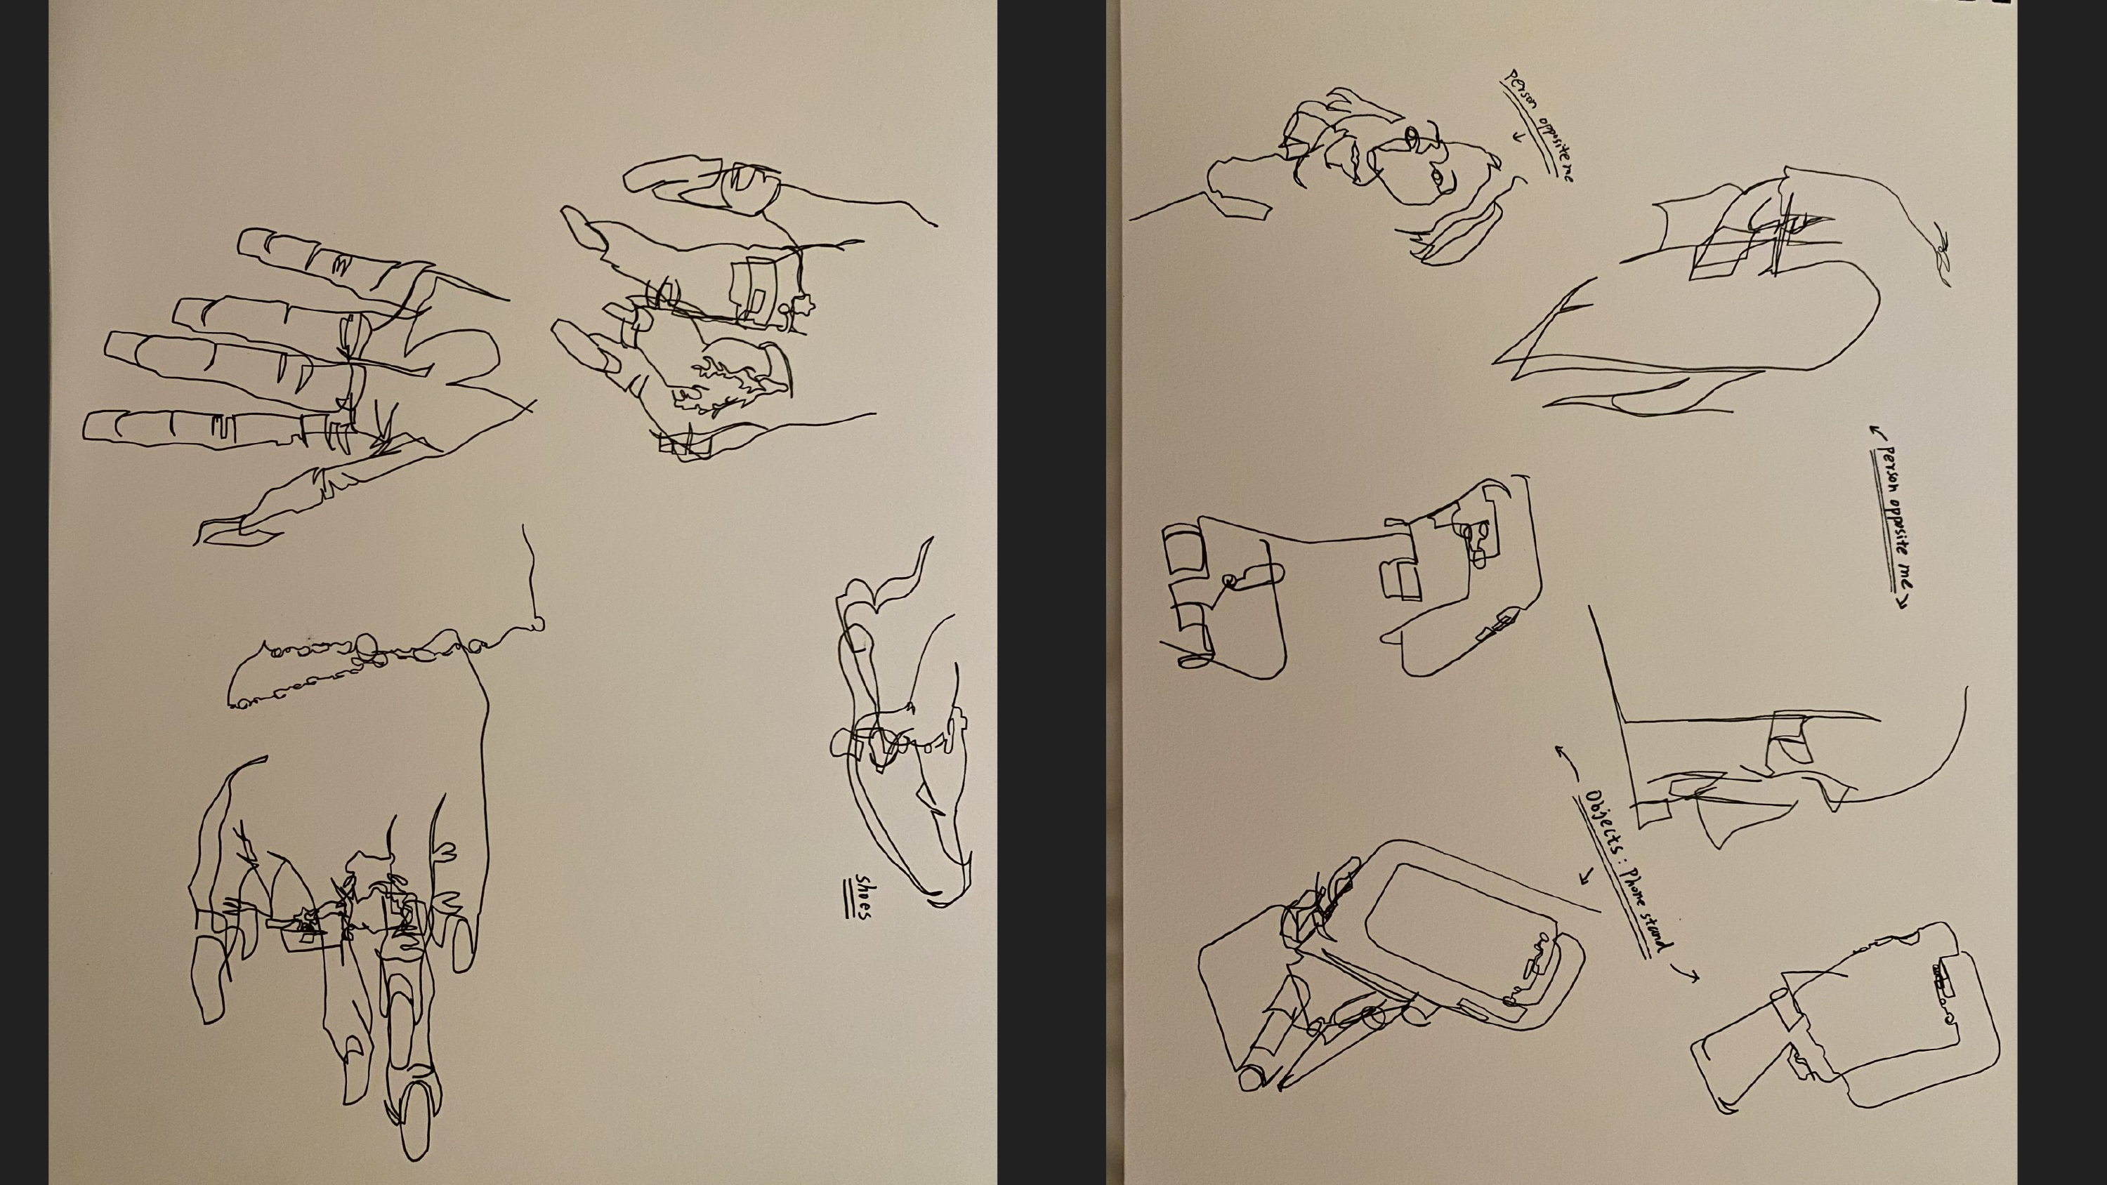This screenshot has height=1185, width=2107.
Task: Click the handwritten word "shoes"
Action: coord(864,896)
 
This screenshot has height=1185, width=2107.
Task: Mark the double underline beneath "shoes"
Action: coord(849,898)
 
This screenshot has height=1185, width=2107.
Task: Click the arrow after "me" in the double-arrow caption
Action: coord(1902,603)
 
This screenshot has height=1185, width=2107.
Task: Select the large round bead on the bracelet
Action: coord(366,646)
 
